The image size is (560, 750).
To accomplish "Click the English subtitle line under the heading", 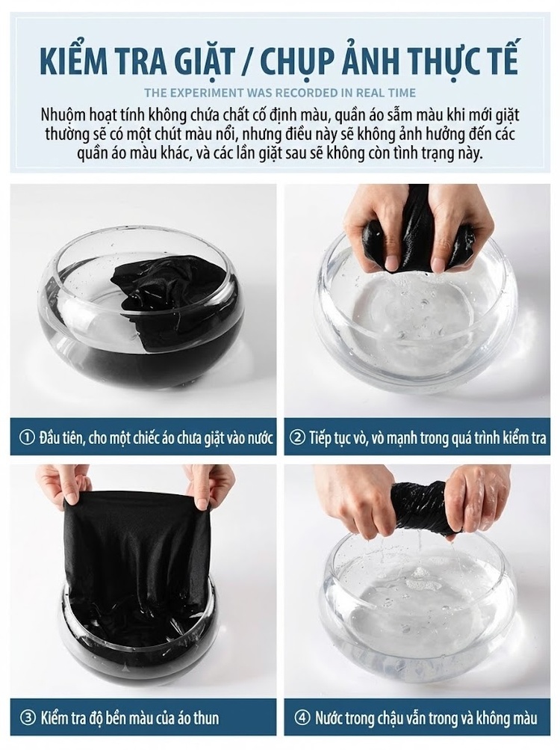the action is (x=280, y=92).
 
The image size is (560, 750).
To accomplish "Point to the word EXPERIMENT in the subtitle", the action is (x=208, y=92).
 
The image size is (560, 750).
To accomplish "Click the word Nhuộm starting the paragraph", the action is (x=63, y=116).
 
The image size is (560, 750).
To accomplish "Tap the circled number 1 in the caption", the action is (x=26, y=437).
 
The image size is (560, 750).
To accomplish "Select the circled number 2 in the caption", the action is (x=298, y=437).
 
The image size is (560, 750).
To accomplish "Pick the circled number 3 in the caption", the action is (x=28, y=718).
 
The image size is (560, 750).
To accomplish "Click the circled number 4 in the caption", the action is (x=301, y=718).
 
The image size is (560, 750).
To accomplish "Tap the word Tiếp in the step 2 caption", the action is (x=321, y=438).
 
